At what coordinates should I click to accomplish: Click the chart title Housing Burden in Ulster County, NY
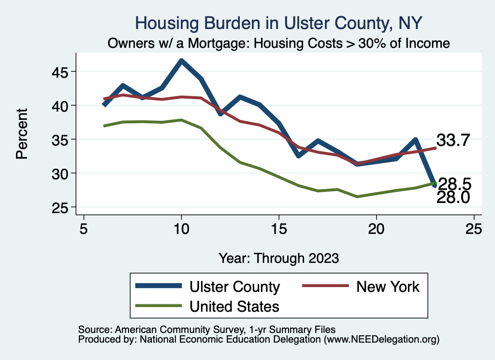pos(279,23)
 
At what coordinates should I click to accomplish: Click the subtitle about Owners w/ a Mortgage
pos(279,43)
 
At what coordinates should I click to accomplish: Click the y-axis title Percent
pos(21,140)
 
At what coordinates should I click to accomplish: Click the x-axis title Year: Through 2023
pos(279,258)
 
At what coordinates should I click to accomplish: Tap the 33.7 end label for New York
pos(453,140)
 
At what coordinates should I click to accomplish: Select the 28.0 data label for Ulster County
pos(453,197)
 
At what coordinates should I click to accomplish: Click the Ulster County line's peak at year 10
pos(181,61)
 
